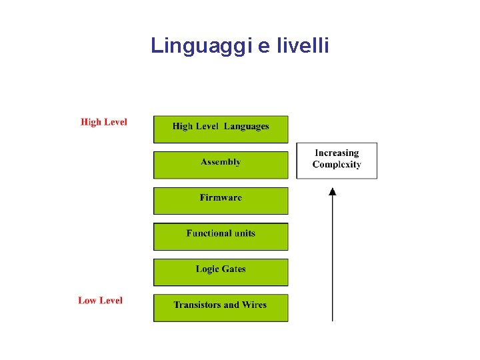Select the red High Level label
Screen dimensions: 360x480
click(104, 122)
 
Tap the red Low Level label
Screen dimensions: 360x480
click(101, 301)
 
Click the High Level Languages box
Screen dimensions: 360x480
click(221, 130)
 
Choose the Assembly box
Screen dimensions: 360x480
click(221, 165)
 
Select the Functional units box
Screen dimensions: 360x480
click(221, 237)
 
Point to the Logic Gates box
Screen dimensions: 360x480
click(221, 273)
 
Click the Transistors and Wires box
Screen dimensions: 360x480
click(221, 308)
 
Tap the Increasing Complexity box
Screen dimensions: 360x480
click(337, 161)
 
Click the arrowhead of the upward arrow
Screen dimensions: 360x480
click(333, 191)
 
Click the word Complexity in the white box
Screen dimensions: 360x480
click(337, 165)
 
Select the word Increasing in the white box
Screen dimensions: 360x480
click(337, 153)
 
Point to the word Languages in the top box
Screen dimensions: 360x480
click(247, 126)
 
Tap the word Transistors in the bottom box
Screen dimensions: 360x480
click(197, 305)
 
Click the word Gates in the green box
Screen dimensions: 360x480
click(233, 269)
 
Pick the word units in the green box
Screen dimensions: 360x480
click(243, 233)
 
